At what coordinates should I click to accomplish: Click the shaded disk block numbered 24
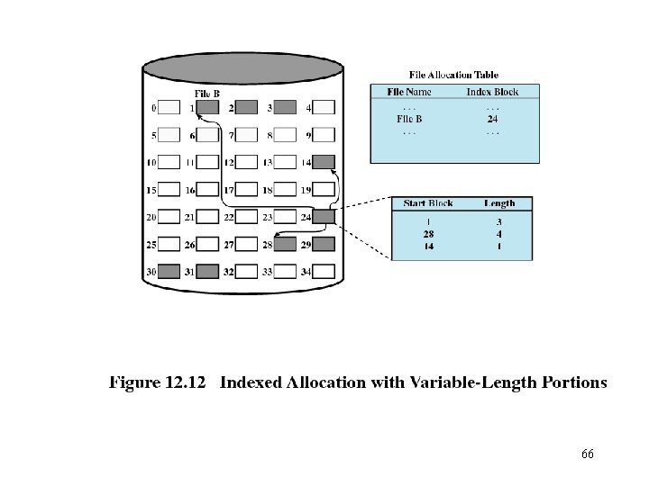point(324,217)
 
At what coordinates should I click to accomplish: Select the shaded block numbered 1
point(208,108)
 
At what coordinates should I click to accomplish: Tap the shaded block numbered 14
point(324,163)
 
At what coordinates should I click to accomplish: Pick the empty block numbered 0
point(169,108)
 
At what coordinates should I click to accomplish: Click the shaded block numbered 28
point(285,244)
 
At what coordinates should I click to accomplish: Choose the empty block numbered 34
point(324,271)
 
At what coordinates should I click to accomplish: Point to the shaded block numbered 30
point(169,271)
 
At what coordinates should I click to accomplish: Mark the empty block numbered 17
point(246,190)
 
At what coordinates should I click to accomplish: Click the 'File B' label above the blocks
point(206,94)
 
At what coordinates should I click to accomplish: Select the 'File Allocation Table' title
point(453,75)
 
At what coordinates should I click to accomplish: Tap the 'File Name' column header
point(409,92)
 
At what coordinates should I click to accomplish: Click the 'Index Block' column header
point(492,92)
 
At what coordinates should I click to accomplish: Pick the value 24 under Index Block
point(492,118)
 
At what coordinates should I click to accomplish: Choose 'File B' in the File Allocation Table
point(409,118)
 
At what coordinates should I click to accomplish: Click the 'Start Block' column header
point(428,203)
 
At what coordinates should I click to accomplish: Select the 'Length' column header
point(498,203)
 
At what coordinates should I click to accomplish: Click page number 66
point(588,454)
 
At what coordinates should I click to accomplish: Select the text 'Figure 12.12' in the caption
point(160,382)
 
